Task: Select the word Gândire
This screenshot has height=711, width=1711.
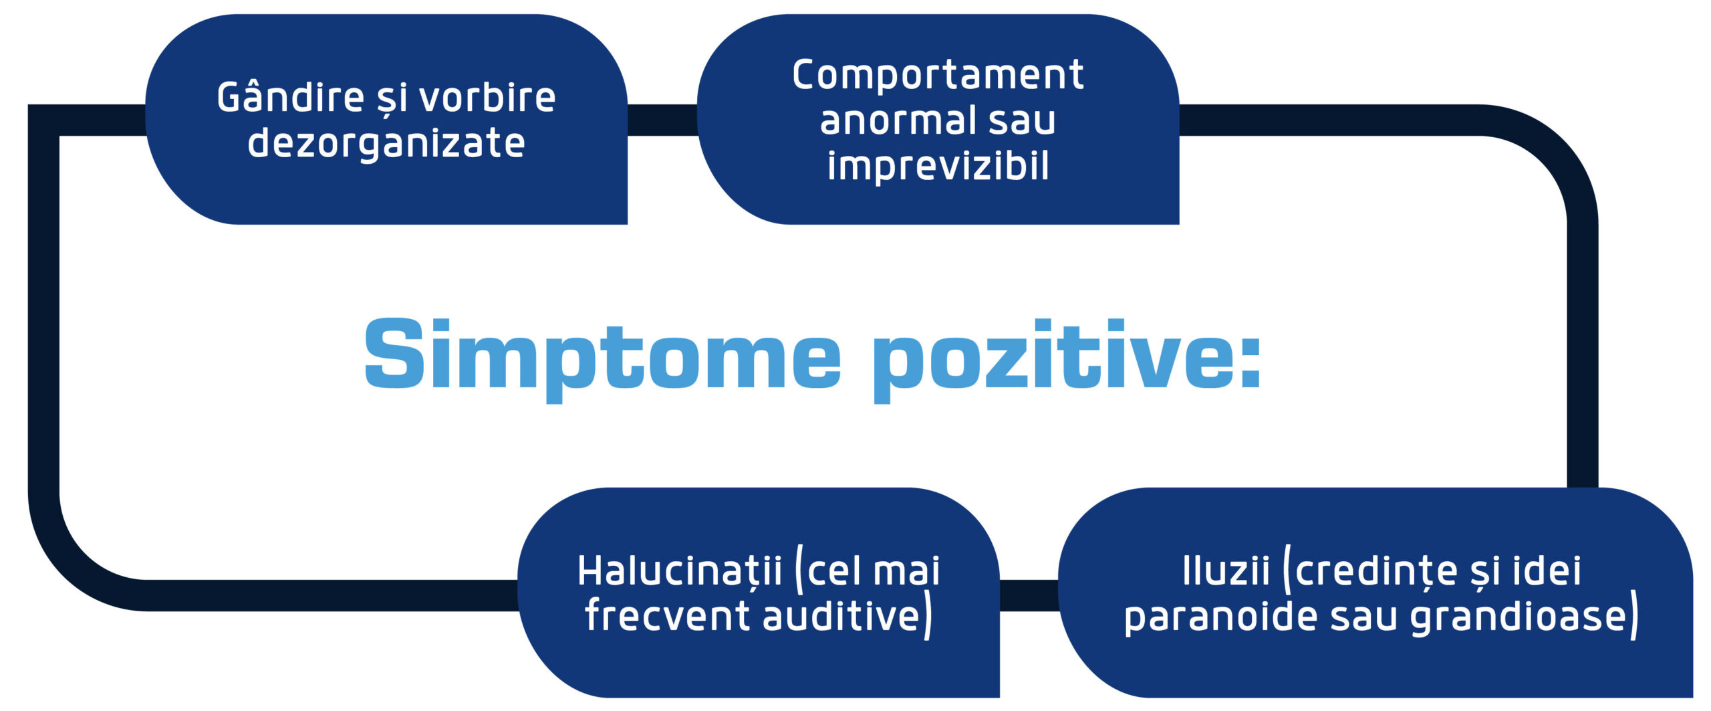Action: pyautogui.click(x=290, y=98)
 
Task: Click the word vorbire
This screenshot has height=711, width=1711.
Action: pyautogui.click(x=487, y=98)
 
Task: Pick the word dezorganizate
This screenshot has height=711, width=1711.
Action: pyautogui.click(x=386, y=143)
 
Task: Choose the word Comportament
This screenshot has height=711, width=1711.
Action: pyautogui.click(x=938, y=74)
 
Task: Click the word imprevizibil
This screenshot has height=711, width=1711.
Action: pyautogui.click(x=938, y=166)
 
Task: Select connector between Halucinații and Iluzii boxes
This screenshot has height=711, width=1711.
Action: pyautogui.click(x=1029, y=595)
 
